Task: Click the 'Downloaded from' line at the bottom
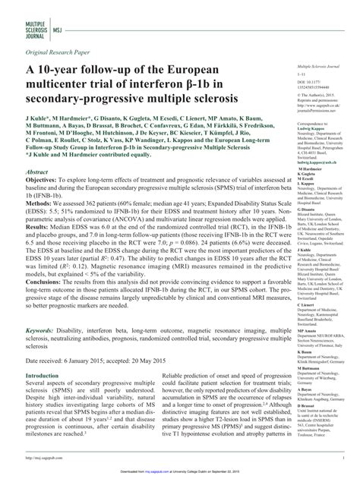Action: click(x=180, y=470)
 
